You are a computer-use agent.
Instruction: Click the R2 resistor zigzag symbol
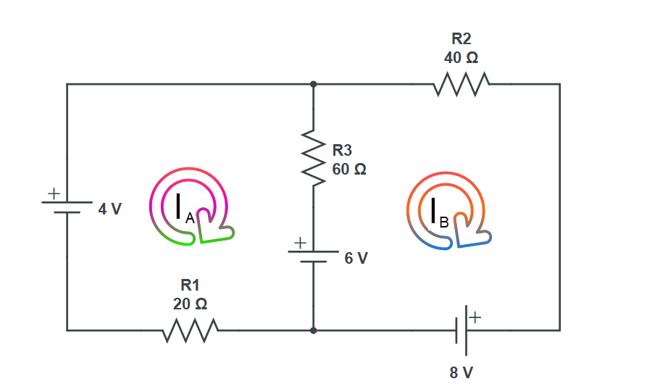coord(461,85)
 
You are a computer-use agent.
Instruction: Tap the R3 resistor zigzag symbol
coord(314,156)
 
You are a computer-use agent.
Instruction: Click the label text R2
coord(462,38)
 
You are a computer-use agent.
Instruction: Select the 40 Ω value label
coord(462,57)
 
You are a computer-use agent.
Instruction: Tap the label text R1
coord(191,285)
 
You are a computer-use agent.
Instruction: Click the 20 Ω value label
coord(191,304)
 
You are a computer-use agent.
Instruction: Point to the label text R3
coord(342,151)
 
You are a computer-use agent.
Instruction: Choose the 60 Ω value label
coord(348,169)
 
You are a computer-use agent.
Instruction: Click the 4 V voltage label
coord(109,209)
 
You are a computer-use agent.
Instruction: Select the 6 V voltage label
coord(355,258)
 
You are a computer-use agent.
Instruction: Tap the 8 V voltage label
coord(462,372)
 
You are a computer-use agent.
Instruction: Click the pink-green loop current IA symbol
coord(191,206)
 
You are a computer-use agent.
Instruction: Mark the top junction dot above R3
coord(314,84)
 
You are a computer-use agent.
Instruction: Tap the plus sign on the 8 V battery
coord(475,317)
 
